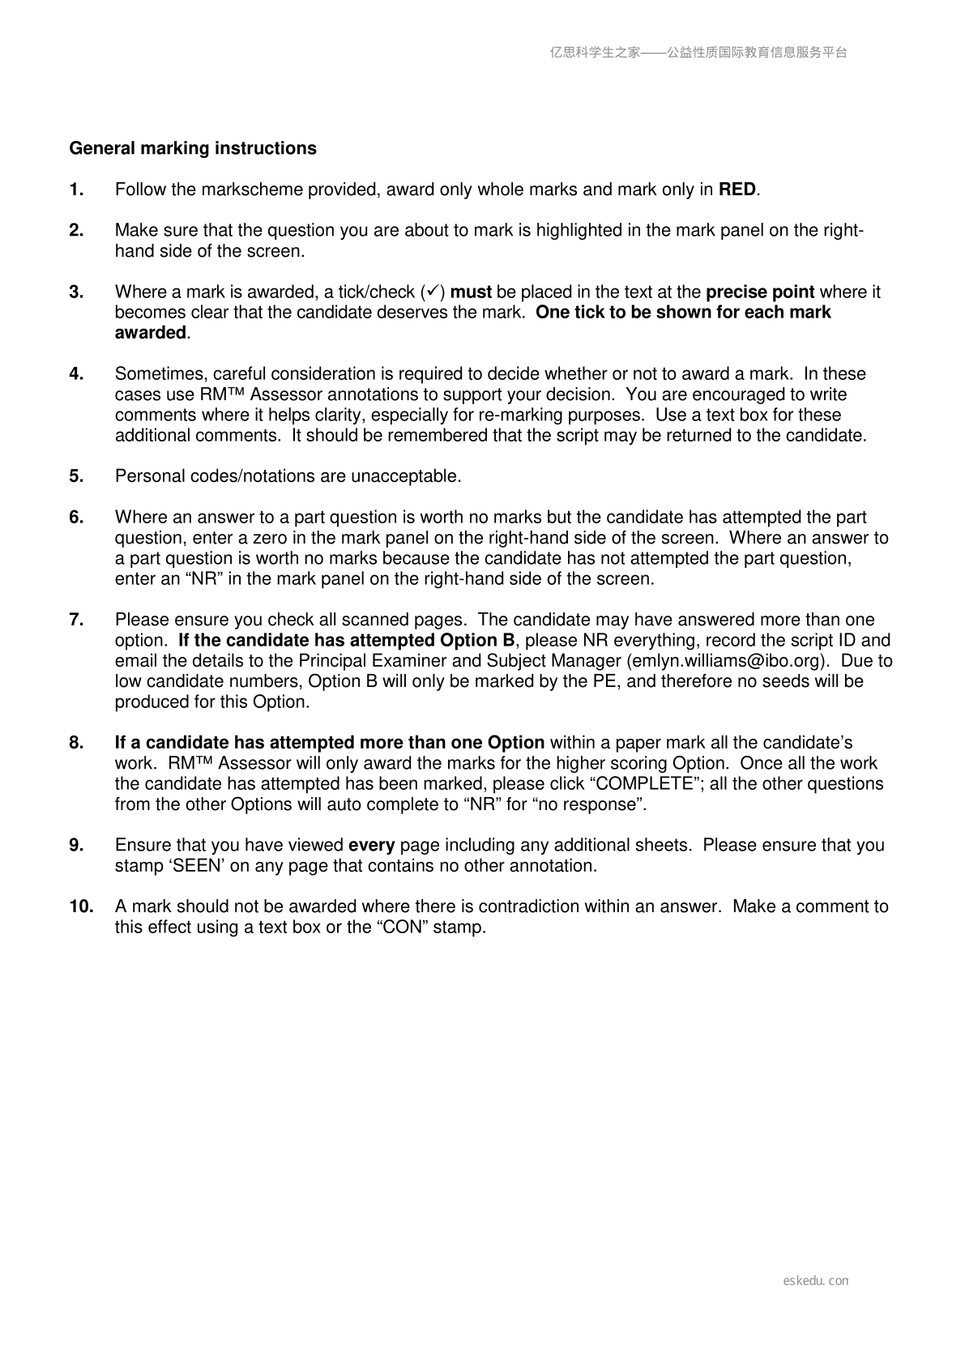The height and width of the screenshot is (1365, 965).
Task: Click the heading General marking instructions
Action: (x=193, y=148)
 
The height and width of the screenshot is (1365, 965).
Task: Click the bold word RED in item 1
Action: (x=737, y=190)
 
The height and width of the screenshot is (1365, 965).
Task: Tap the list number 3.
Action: (x=77, y=292)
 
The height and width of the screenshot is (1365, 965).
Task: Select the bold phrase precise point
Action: (x=760, y=292)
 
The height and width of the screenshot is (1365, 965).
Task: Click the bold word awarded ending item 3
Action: (x=151, y=333)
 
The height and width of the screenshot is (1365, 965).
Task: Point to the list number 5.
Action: (x=77, y=476)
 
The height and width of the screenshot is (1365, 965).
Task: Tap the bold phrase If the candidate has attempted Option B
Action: (x=346, y=641)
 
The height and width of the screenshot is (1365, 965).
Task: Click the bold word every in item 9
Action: (x=371, y=845)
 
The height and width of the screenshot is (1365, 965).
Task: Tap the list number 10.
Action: (x=81, y=906)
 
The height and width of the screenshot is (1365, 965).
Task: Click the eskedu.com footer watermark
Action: (x=816, y=1281)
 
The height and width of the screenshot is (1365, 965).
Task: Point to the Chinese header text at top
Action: (x=698, y=53)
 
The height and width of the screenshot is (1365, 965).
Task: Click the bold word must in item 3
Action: (x=471, y=292)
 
